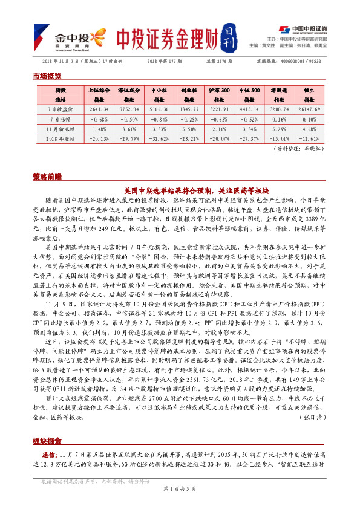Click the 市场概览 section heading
pyautogui.click(x=47, y=76)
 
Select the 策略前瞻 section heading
pyautogui.click(x=47, y=177)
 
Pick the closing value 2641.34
pyautogui.click(x=97, y=109)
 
